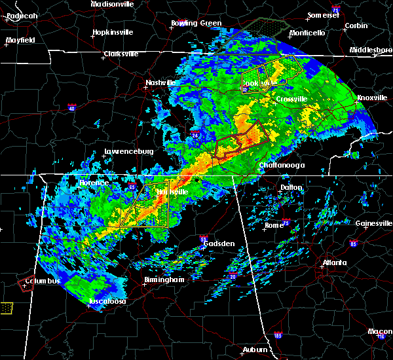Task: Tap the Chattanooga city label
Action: pos(282,166)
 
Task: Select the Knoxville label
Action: pos(371,98)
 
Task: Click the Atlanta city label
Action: pos(334,263)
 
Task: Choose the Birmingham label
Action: pos(164,279)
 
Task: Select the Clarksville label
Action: pos(122,54)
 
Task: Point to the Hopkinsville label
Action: pos(113,31)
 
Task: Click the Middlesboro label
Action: pos(371,50)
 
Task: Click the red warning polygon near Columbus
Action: pos(27,283)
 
